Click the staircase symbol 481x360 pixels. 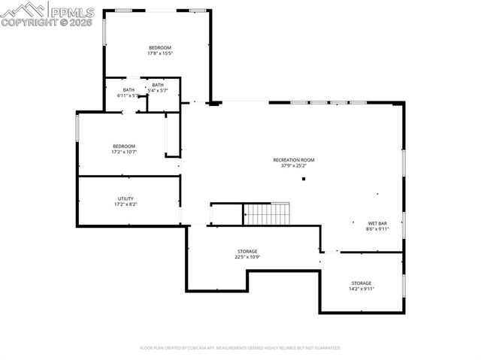pos(268,213)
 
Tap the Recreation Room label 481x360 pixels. pos(293,160)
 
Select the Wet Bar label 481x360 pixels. pos(377,224)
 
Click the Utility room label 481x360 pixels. pos(125,198)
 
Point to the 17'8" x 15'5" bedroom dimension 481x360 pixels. pos(159,53)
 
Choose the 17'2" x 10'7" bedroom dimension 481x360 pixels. pos(124,152)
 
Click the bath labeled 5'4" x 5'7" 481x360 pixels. pos(158,85)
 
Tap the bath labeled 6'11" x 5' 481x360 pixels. pos(129,90)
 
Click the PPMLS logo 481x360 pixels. pos(47,11)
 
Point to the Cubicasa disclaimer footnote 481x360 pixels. pos(240,348)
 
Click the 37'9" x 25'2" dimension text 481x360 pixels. pos(293,166)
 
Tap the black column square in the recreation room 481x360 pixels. pos(304,179)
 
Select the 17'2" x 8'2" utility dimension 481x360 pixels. pos(125,204)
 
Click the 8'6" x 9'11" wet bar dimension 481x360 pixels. pos(377,230)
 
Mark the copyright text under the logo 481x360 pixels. pos(47,23)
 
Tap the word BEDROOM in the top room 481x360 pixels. pos(159,47)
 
